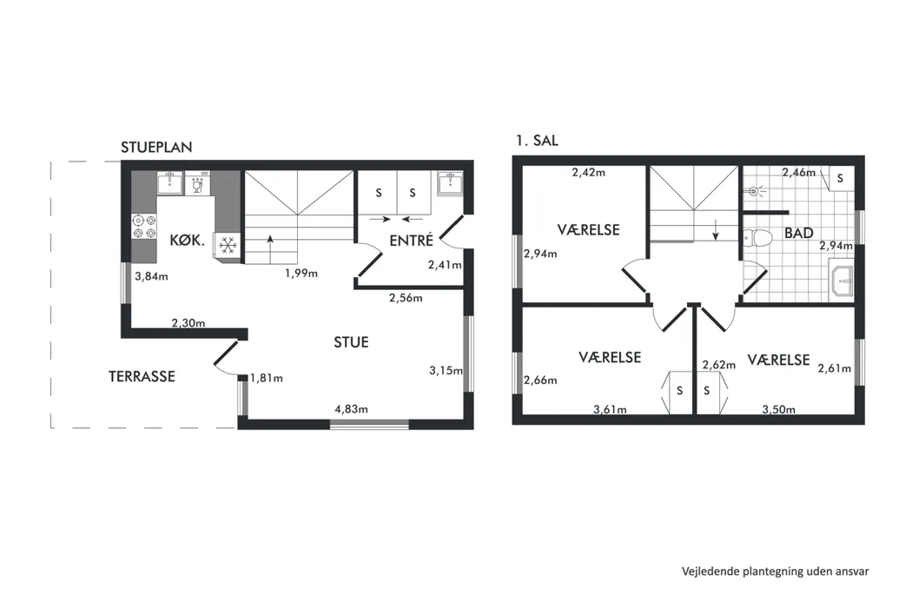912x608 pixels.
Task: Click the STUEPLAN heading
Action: pos(156,147)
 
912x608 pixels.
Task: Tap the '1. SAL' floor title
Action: pos(537,140)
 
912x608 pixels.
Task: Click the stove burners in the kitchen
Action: pos(144,227)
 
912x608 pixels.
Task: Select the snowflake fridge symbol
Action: pos(228,246)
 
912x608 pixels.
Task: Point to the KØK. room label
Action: pos(188,241)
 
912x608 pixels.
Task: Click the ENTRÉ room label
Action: pos(411,241)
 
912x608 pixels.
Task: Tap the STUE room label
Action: pos(351,342)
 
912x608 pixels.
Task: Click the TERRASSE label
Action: pos(142,376)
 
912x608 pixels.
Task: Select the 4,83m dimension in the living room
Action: pos(351,409)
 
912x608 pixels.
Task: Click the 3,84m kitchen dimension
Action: pos(151,276)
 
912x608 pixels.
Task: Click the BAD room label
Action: pos(798,234)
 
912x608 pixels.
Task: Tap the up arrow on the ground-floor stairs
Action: pos(270,246)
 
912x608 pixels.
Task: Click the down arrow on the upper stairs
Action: pos(716,229)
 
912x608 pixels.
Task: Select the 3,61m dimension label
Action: pos(610,410)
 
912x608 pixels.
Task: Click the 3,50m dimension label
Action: pos(779,410)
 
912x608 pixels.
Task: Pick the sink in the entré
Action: pos(450,183)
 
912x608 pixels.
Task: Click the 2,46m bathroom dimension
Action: pos(799,172)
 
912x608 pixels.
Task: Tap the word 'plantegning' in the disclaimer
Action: pos(775,572)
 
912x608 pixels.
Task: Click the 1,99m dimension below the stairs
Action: pos(301,274)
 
